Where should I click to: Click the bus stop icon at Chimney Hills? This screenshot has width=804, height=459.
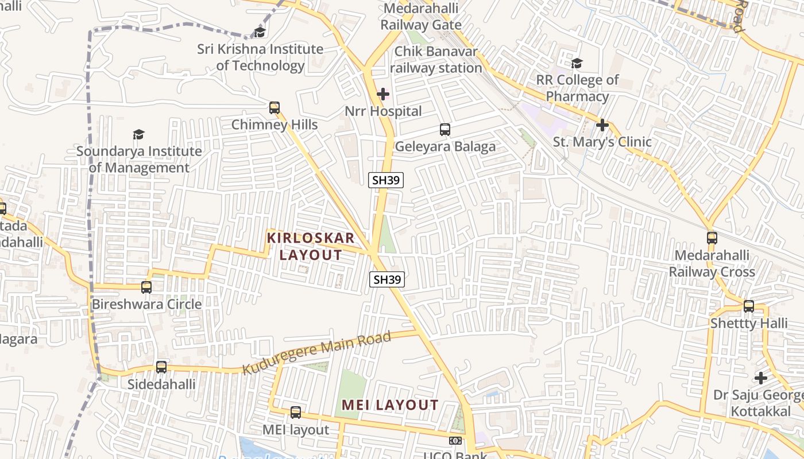click(x=275, y=107)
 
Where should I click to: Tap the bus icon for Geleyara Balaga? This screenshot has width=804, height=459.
click(x=445, y=130)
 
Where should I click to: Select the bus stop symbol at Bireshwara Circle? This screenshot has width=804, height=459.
click(x=146, y=287)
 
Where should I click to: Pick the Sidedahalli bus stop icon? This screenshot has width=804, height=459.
click(x=161, y=367)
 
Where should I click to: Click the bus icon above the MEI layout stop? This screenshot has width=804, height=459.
click(x=296, y=412)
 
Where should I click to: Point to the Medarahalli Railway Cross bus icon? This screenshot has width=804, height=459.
click(x=712, y=238)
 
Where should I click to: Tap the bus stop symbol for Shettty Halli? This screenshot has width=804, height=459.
click(x=749, y=306)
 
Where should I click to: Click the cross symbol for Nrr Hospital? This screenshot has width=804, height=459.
click(x=383, y=94)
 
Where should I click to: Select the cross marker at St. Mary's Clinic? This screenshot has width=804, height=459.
click(x=602, y=125)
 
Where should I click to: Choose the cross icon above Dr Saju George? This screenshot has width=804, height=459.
click(x=761, y=378)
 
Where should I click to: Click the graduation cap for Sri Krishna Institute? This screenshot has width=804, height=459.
click(x=260, y=32)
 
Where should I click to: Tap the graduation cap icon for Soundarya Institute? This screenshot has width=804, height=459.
click(x=138, y=135)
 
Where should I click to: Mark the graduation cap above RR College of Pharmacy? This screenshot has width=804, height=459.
click(x=577, y=63)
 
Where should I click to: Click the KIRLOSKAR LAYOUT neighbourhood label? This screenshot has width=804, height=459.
click(x=311, y=246)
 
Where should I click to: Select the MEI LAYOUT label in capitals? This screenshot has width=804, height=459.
click(x=390, y=405)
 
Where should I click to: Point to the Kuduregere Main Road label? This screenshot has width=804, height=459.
click(x=316, y=352)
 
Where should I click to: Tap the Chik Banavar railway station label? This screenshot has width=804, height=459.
click(x=436, y=60)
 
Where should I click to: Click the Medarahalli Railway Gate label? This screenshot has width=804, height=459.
click(x=421, y=17)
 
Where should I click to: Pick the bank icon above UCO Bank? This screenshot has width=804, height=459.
click(x=455, y=441)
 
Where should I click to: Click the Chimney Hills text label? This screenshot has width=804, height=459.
click(x=275, y=125)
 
